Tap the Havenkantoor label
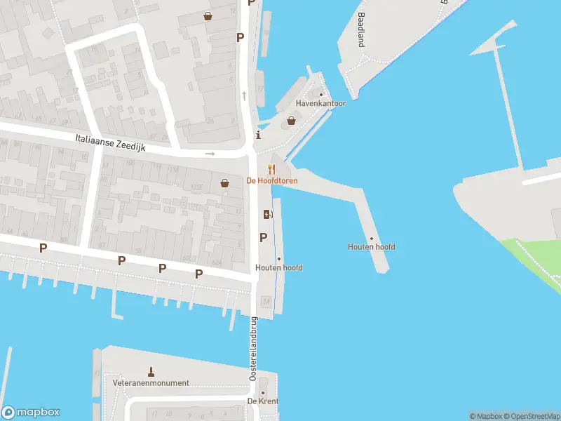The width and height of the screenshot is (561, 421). click(320, 103)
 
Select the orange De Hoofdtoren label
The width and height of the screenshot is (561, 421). click(272, 181)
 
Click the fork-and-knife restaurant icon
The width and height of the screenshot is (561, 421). click(272, 169)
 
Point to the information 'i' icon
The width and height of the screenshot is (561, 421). click(258, 135)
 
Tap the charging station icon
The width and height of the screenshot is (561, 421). click(267, 215)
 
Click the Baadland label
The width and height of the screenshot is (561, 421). click(361, 29)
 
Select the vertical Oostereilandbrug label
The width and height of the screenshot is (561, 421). click(253, 349)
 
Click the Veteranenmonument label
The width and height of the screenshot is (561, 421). click(151, 383)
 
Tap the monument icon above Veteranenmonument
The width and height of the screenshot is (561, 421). click(151, 370)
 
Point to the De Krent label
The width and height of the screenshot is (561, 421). click(263, 401)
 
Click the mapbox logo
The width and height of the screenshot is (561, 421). click(31, 413)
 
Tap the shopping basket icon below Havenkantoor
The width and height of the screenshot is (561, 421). click(291, 120)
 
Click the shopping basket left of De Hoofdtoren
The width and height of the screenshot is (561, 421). click(224, 183)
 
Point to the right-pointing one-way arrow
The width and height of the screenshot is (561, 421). click(210, 154)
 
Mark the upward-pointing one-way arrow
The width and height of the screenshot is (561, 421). click(244, 95)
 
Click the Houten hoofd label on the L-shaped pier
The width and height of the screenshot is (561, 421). click(371, 247)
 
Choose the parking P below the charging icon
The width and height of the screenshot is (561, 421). click(264, 238)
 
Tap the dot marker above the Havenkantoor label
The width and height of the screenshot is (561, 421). click(321, 95)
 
